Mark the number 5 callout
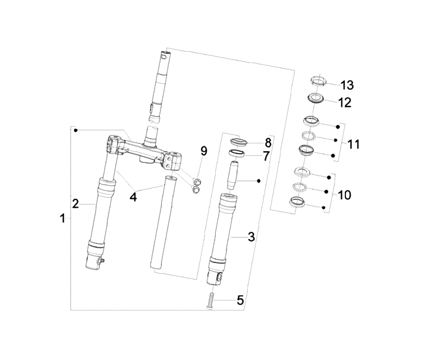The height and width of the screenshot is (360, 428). [240, 300]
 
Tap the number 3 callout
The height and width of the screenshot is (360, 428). [251, 237]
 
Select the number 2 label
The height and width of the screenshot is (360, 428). [75, 204]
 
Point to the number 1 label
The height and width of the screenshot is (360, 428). [63, 219]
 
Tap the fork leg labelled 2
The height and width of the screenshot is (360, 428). [97, 220]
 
